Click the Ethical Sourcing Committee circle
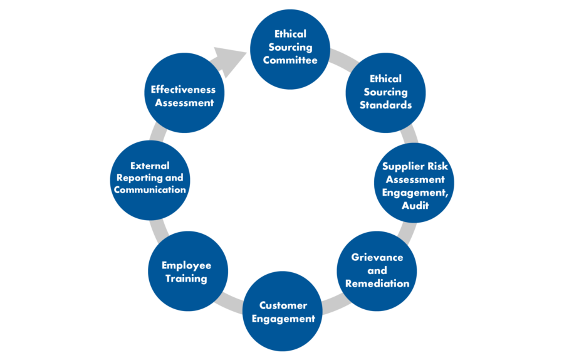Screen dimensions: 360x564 point(290,48)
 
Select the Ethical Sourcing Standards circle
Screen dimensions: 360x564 point(385,92)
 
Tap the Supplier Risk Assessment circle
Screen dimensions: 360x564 point(415,183)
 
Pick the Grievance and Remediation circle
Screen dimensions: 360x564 point(377,270)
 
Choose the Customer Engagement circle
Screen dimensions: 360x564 point(283,312)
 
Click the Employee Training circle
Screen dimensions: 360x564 point(187,272)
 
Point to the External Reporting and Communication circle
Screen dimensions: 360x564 point(150,180)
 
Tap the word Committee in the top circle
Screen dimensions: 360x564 point(290,61)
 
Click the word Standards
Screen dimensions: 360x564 point(385,105)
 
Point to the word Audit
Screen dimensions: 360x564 point(415,206)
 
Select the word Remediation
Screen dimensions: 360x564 point(377,283)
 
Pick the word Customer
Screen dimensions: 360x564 point(283,305)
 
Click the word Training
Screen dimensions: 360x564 point(186,278)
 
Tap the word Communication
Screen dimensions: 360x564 point(150,190)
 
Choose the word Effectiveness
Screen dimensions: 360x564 point(183,90)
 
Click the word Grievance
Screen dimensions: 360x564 point(377,258)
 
